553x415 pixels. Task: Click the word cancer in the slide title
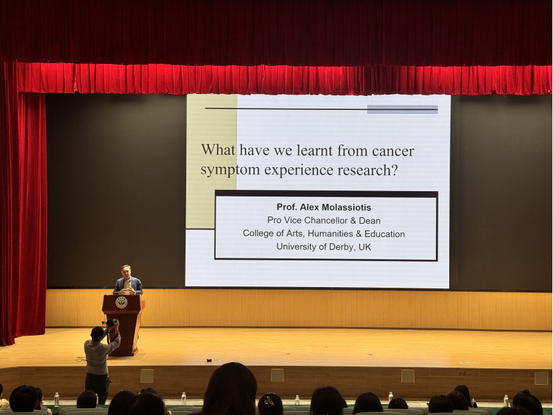(393, 151)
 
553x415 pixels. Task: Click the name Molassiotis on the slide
(345, 207)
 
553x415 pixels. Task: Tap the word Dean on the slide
(369, 221)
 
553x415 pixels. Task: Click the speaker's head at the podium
(126, 272)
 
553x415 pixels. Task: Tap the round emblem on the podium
(121, 302)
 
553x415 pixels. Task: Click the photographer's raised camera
(110, 322)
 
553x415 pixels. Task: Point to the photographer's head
(97, 334)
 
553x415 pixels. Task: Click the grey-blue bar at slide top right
(403, 109)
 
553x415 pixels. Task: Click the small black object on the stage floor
(209, 360)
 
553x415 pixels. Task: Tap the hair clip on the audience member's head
(269, 400)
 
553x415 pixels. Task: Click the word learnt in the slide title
(315, 151)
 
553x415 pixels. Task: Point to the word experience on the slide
(299, 171)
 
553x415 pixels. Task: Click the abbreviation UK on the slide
(365, 246)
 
